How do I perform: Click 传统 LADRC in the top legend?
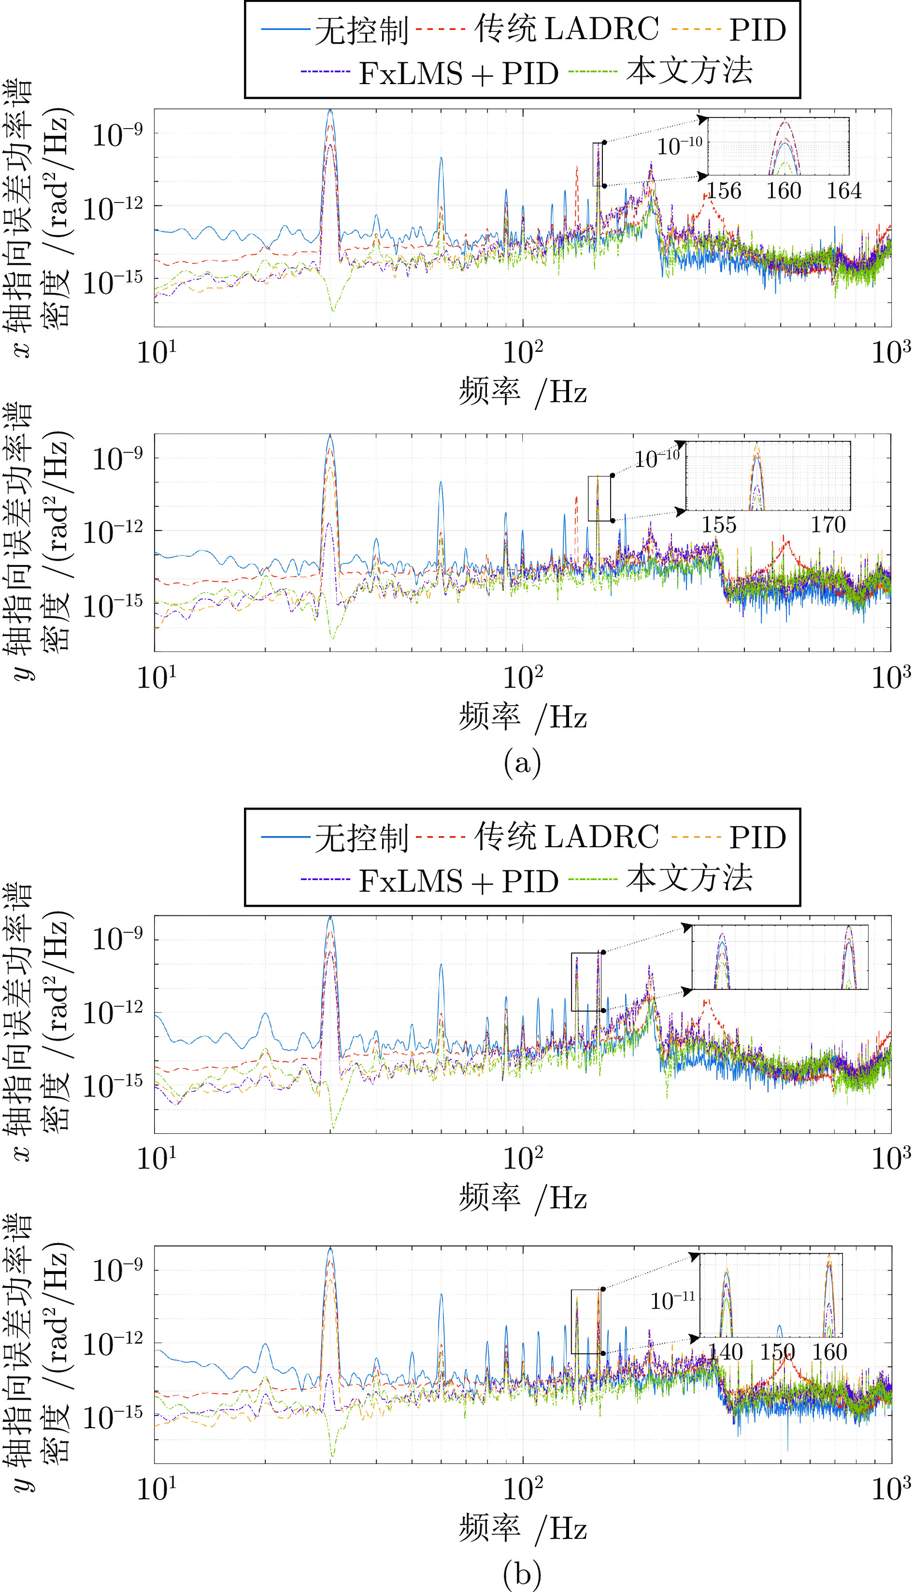pyautogui.click(x=566, y=29)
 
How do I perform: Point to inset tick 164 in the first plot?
pyautogui.click(x=843, y=191)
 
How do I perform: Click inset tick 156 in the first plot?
pyautogui.click(x=724, y=191)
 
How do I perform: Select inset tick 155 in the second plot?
pyautogui.click(x=719, y=524)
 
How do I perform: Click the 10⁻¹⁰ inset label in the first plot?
pyautogui.click(x=680, y=145)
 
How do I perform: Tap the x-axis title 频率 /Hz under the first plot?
pyautogui.click(x=522, y=392)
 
